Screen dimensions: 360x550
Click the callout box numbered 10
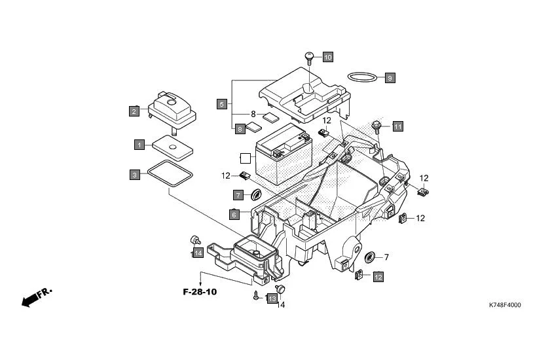point(327,58)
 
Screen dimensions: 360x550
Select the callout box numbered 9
point(389,78)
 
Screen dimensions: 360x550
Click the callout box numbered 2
point(134,111)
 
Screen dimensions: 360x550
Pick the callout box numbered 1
point(139,143)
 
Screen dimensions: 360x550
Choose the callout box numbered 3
point(134,175)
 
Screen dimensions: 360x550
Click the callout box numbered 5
point(222,104)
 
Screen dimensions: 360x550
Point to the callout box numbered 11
point(397,126)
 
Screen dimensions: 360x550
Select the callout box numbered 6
point(234,214)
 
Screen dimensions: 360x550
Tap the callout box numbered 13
point(272,298)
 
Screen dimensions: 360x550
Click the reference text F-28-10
point(200,291)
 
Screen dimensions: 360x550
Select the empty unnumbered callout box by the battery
point(245,158)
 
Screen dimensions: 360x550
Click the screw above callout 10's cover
point(309,57)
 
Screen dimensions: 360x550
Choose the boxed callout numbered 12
point(378,277)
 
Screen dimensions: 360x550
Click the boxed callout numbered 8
point(240,128)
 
